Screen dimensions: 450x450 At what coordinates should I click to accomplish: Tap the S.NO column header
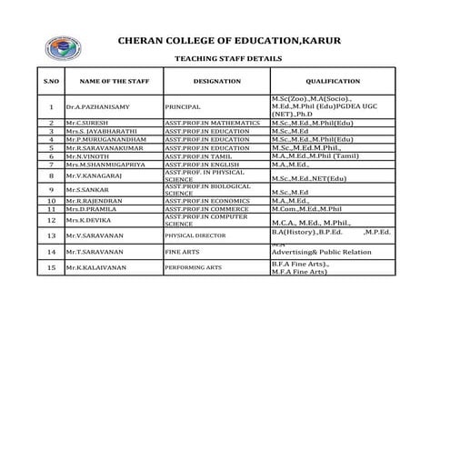pos(52,82)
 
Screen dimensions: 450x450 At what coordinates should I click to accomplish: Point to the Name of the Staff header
pos(113,82)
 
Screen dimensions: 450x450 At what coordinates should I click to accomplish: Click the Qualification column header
pos(333,82)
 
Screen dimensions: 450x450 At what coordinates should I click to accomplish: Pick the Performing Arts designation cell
pos(192,268)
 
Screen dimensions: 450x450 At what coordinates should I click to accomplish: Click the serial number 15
pos(52,268)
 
